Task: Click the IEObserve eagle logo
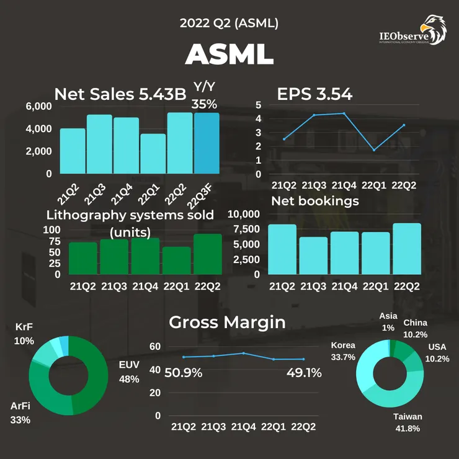point(432,29)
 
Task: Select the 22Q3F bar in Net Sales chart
point(207,143)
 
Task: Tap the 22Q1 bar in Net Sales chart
point(153,154)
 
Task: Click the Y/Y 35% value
point(204,96)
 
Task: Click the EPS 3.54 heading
point(314,94)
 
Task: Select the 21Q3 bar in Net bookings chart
point(313,256)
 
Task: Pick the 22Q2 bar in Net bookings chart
point(406,249)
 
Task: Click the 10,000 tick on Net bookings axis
point(242,215)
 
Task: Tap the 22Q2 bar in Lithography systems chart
point(207,254)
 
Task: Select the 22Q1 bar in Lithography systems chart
point(176,261)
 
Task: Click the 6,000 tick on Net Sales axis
point(38,106)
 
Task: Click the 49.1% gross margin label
point(304,373)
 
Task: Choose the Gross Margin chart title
point(227,323)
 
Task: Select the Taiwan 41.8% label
point(408,422)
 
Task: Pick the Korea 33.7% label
point(343,351)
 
